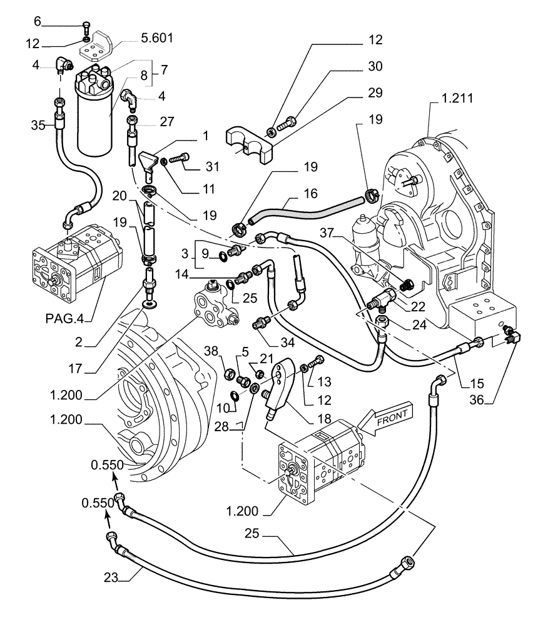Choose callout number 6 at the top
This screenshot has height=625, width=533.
[x=37, y=22]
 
